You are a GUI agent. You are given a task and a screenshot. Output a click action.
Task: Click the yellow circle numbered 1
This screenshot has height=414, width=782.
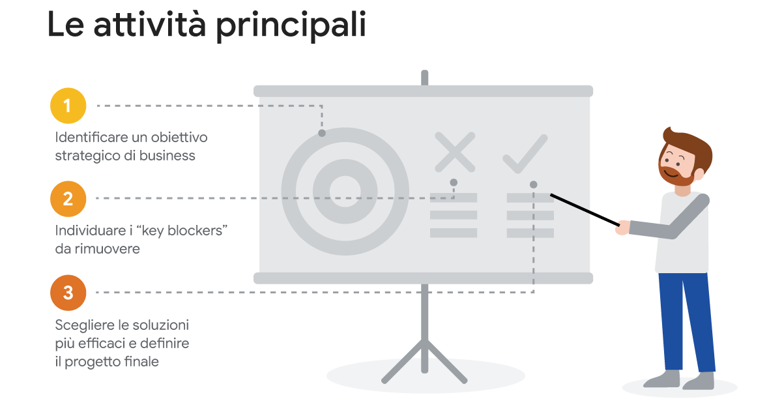tap(68, 106)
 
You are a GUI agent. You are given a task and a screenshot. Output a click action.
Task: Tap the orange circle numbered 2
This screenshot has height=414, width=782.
tap(68, 198)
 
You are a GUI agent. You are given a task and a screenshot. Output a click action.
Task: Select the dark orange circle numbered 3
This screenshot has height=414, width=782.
tap(68, 293)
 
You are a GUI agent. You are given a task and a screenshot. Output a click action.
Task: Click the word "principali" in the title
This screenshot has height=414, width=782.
tap(291, 25)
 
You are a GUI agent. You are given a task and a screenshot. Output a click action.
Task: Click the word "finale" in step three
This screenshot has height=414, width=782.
tap(141, 361)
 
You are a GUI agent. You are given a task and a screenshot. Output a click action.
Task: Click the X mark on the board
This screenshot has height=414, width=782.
tap(455, 152)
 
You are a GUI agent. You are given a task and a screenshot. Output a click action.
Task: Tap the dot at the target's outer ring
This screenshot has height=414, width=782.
tap(322, 133)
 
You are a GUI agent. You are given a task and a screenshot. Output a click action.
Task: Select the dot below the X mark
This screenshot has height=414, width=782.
tap(454, 183)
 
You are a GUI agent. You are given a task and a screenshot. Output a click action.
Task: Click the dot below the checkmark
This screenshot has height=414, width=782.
tap(534, 185)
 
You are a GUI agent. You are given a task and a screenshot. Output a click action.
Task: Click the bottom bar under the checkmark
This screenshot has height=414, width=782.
tap(530, 233)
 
